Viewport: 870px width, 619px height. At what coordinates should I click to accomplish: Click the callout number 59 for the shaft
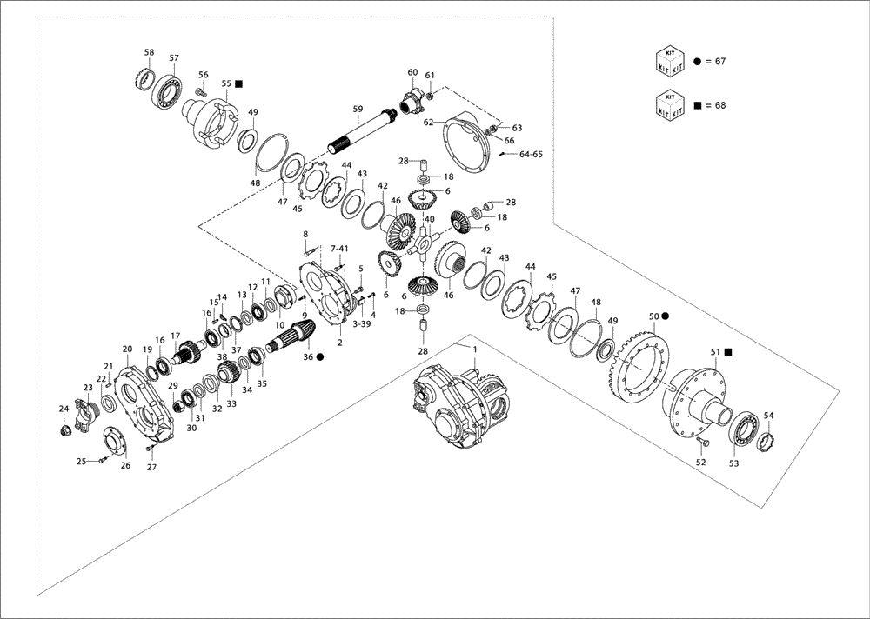358,109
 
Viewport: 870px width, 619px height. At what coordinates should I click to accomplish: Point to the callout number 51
715,352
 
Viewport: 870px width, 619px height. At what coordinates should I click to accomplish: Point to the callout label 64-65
531,154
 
